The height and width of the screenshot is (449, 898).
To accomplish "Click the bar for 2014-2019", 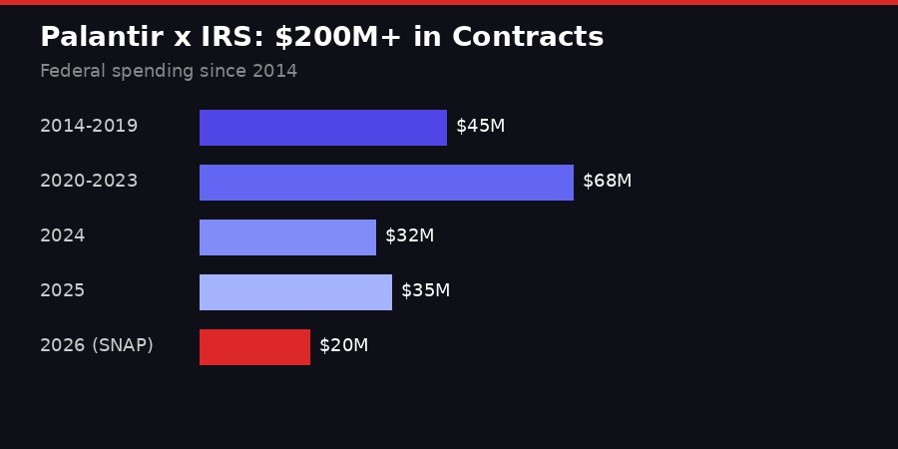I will [x=323, y=128].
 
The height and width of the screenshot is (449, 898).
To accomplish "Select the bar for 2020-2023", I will [x=386, y=183].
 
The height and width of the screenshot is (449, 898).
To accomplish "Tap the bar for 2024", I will [x=287, y=237].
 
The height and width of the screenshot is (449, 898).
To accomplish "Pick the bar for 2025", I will [x=295, y=292].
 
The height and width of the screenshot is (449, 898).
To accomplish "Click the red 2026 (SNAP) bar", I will [x=254, y=347].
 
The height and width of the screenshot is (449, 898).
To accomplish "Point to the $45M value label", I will [x=480, y=127].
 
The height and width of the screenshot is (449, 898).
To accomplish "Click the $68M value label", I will [x=607, y=182].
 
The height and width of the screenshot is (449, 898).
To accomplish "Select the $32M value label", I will [x=409, y=236].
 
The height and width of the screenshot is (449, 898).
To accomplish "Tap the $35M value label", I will [x=425, y=291].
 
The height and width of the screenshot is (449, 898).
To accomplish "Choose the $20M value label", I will [x=343, y=346].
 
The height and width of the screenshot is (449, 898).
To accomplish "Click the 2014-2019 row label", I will [x=89, y=127].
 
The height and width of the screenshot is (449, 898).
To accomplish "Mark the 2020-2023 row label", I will [x=89, y=182].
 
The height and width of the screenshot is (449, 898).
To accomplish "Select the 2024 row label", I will [x=62, y=236].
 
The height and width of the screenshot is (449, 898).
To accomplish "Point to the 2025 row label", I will [x=62, y=291].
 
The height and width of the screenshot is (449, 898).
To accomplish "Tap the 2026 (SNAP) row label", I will [x=97, y=346].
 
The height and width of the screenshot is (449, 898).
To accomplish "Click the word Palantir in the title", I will [x=102, y=38].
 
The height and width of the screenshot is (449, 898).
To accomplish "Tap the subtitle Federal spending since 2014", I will [x=169, y=72].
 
